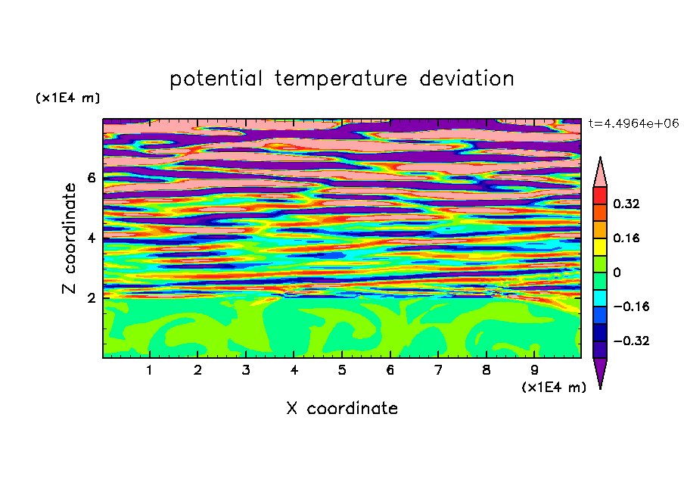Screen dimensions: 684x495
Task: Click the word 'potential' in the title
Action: pyautogui.click(x=216, y=79)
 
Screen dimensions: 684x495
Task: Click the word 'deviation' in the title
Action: pyautogui.click(x=467, y=79)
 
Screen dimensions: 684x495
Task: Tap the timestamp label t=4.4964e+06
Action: pyautogui.click(x=633, y=123)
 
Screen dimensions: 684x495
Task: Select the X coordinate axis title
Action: pyautogui.click(x=342, y=409)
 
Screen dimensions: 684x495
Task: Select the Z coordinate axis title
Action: pyautogui.click(x=69, y=238)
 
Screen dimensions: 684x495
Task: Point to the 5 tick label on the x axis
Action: pyautogui.click(x=342, y=370)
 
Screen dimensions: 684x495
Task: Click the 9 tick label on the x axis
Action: pyautogui.click(x=534, y=370)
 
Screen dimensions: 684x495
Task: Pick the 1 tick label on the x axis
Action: pyautogui.click(x=150, y=370)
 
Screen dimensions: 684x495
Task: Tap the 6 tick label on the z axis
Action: pyautogui.click(x=91, y=178)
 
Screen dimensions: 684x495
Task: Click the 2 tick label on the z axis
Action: pyautogui.click(x=91, y=298)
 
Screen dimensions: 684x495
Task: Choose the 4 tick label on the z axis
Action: pyautogui.click(x=91, y=238)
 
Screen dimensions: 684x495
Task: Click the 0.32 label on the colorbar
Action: pyautogui.click(x=626, y=204)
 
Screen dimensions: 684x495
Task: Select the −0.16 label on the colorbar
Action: pyautogui.click(x=631, y=307)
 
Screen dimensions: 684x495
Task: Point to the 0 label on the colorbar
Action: pyautogui.click(x=617, y=272)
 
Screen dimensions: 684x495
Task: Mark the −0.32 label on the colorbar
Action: pyautogui.click(x=631, y=341)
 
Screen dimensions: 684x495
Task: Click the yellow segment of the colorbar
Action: pyautogui.click(x=600, y=247)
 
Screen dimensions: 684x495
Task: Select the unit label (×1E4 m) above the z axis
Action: pyautogui.click(x=67, y=98)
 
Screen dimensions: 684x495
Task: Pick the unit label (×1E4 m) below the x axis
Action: pyautogui.click(x=554, y=388)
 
